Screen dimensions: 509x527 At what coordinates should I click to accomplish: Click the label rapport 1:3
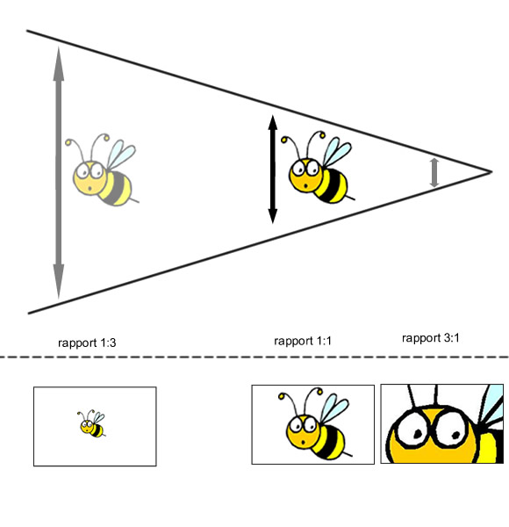[x=87, y=343]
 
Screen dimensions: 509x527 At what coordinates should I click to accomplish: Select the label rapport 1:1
[x=303, y=341]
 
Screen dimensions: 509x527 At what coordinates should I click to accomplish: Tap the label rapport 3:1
[x=430, y=338]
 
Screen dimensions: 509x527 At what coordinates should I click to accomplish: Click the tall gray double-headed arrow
[x=59, y=172]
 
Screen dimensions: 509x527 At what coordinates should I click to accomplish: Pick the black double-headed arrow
[x=273, y=169]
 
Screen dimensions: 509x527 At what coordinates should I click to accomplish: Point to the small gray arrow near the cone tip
[x=434, y=172]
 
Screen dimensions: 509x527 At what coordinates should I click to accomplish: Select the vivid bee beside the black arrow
[x=318, y=168]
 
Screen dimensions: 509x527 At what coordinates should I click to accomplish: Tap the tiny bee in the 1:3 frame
[x=92, y=423]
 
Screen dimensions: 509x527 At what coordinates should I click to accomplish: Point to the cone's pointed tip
[x=491, y=172]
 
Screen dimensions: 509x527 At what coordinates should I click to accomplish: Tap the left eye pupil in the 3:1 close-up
[x=417, y=434]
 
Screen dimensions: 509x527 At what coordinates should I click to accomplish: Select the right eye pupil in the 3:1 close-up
[x=455, y=435]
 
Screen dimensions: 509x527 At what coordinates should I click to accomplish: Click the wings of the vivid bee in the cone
[x=337, y=152]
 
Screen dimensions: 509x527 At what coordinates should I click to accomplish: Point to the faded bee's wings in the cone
[x=121, y=155]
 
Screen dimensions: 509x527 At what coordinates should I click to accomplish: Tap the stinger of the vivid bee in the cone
[x=350, y=198]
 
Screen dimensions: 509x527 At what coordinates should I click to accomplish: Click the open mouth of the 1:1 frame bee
[x=303, y=442]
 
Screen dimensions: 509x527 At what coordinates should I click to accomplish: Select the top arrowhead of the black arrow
[x=273, y=123]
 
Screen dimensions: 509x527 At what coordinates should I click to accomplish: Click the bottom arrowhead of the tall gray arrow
[x=59, y=282]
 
